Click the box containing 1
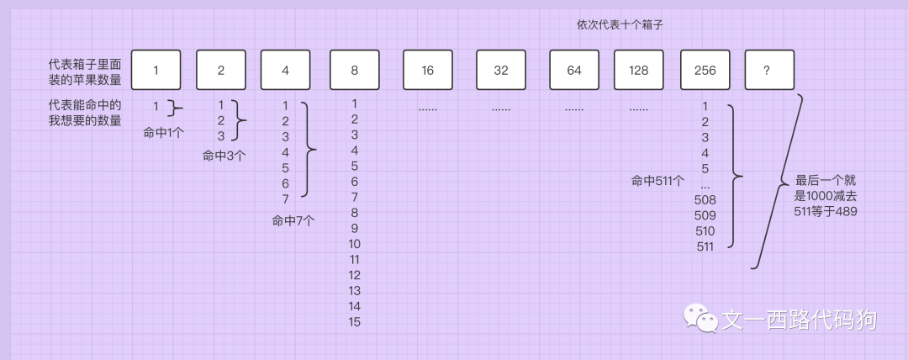point(156,70)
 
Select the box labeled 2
point(221,70)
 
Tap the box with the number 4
point(285,70)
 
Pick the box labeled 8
point(355,70)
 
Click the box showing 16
point(428,70)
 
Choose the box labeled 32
point(501,70)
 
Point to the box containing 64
point(574,70)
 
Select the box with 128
point(639,70)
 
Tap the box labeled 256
point(705,70)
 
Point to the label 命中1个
point(163,132)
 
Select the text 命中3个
point(224,156)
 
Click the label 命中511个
point(657,180)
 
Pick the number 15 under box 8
point(355,322)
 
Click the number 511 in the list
point(705,246)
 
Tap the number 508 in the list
point(705,199)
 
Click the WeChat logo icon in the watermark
point(699,319)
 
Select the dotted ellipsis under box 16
point(428,109)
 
